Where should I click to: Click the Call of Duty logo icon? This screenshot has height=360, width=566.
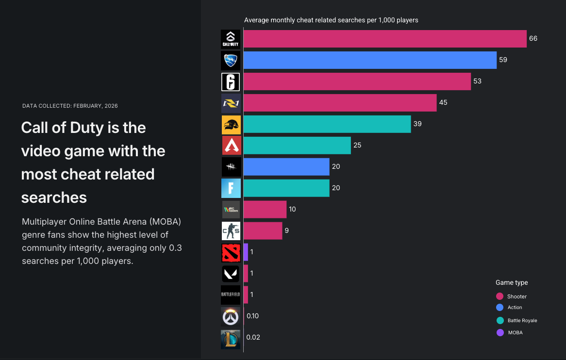(231, 39)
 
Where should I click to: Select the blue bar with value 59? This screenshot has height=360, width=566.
(370, 60)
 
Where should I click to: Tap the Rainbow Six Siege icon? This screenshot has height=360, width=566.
(231, 82)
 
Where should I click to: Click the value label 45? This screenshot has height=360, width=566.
(443, 102)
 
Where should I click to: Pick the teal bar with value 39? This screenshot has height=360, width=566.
(327, 124)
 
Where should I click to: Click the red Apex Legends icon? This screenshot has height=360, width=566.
(231, 146)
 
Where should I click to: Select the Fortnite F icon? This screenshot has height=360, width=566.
(231, 188)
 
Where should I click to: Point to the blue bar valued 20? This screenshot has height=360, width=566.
(286, 167)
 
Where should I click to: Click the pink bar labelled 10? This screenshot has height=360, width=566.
(265, 210)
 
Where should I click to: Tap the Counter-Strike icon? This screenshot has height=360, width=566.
(231, 231)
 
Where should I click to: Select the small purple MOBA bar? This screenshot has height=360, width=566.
(246, 252)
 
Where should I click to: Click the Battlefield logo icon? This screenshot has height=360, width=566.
(231, 295)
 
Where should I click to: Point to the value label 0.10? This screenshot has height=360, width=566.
(252, 316)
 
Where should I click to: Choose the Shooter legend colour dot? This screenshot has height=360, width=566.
(499, 296)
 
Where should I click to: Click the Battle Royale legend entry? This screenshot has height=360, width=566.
(522, 320)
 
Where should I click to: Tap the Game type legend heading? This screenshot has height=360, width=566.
(512, 282)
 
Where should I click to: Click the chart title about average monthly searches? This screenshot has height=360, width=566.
(331, 20)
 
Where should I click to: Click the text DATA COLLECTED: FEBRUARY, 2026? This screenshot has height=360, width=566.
(70, 106)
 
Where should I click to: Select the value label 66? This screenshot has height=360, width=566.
(533, 38)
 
